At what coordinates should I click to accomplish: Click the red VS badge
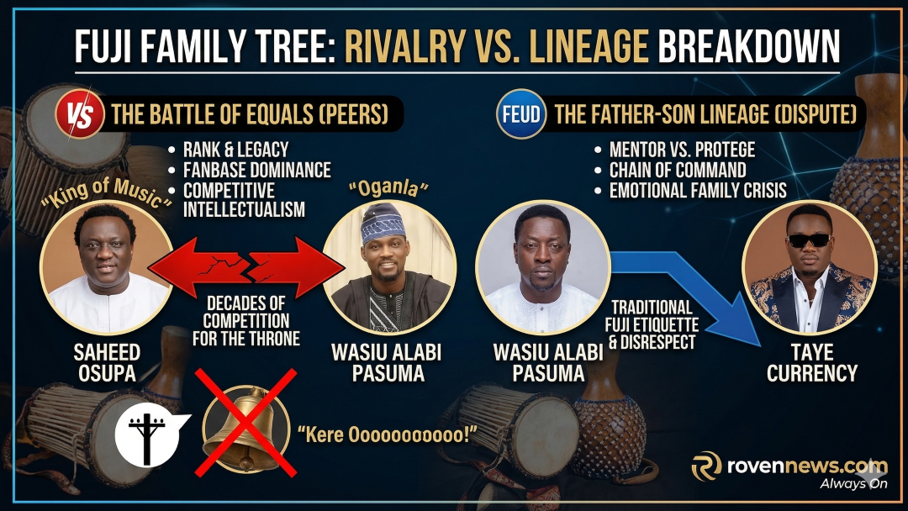[x=80, y=114]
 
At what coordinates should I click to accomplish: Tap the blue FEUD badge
[x=520, y=114]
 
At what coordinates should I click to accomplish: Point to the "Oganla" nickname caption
[x=388, y=188]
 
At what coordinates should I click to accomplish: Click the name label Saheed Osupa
[x=107, y=362]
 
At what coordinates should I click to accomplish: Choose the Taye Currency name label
[x=812, y=362]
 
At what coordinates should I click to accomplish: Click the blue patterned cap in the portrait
[x=383, y=223]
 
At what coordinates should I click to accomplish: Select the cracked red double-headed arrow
[x=246, y=266]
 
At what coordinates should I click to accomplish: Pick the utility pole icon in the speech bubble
[x=146, y=439]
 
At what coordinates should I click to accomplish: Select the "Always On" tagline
[x=853, y=484]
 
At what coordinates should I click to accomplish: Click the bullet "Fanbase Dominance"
[x=256, y=170]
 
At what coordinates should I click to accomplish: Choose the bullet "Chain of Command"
[x=678, y=170]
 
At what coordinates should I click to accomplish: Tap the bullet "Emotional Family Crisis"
[x=698, y=191]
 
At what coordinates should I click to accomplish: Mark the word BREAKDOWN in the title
[x=749, y=46]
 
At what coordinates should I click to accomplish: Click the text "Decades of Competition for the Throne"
[x=246, y=320]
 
